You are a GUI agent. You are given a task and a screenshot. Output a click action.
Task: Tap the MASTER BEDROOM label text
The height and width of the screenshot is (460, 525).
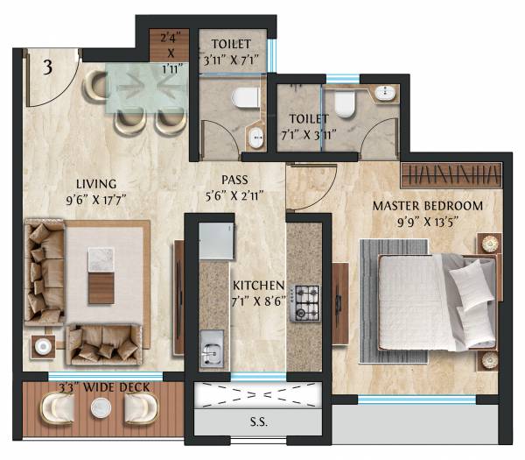coord(428,206)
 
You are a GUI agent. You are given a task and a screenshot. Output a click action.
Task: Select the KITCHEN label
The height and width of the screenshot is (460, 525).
coord(258,286)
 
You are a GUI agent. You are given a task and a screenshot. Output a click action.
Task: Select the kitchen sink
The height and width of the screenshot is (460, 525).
coord(211,351)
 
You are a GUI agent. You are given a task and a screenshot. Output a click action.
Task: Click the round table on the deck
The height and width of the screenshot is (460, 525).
coord(101,407)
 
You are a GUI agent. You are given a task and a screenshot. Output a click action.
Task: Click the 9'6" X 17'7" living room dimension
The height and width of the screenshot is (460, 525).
coord(95,198)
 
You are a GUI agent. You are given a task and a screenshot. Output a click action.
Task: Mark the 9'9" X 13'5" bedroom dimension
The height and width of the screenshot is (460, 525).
coord(428,222)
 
